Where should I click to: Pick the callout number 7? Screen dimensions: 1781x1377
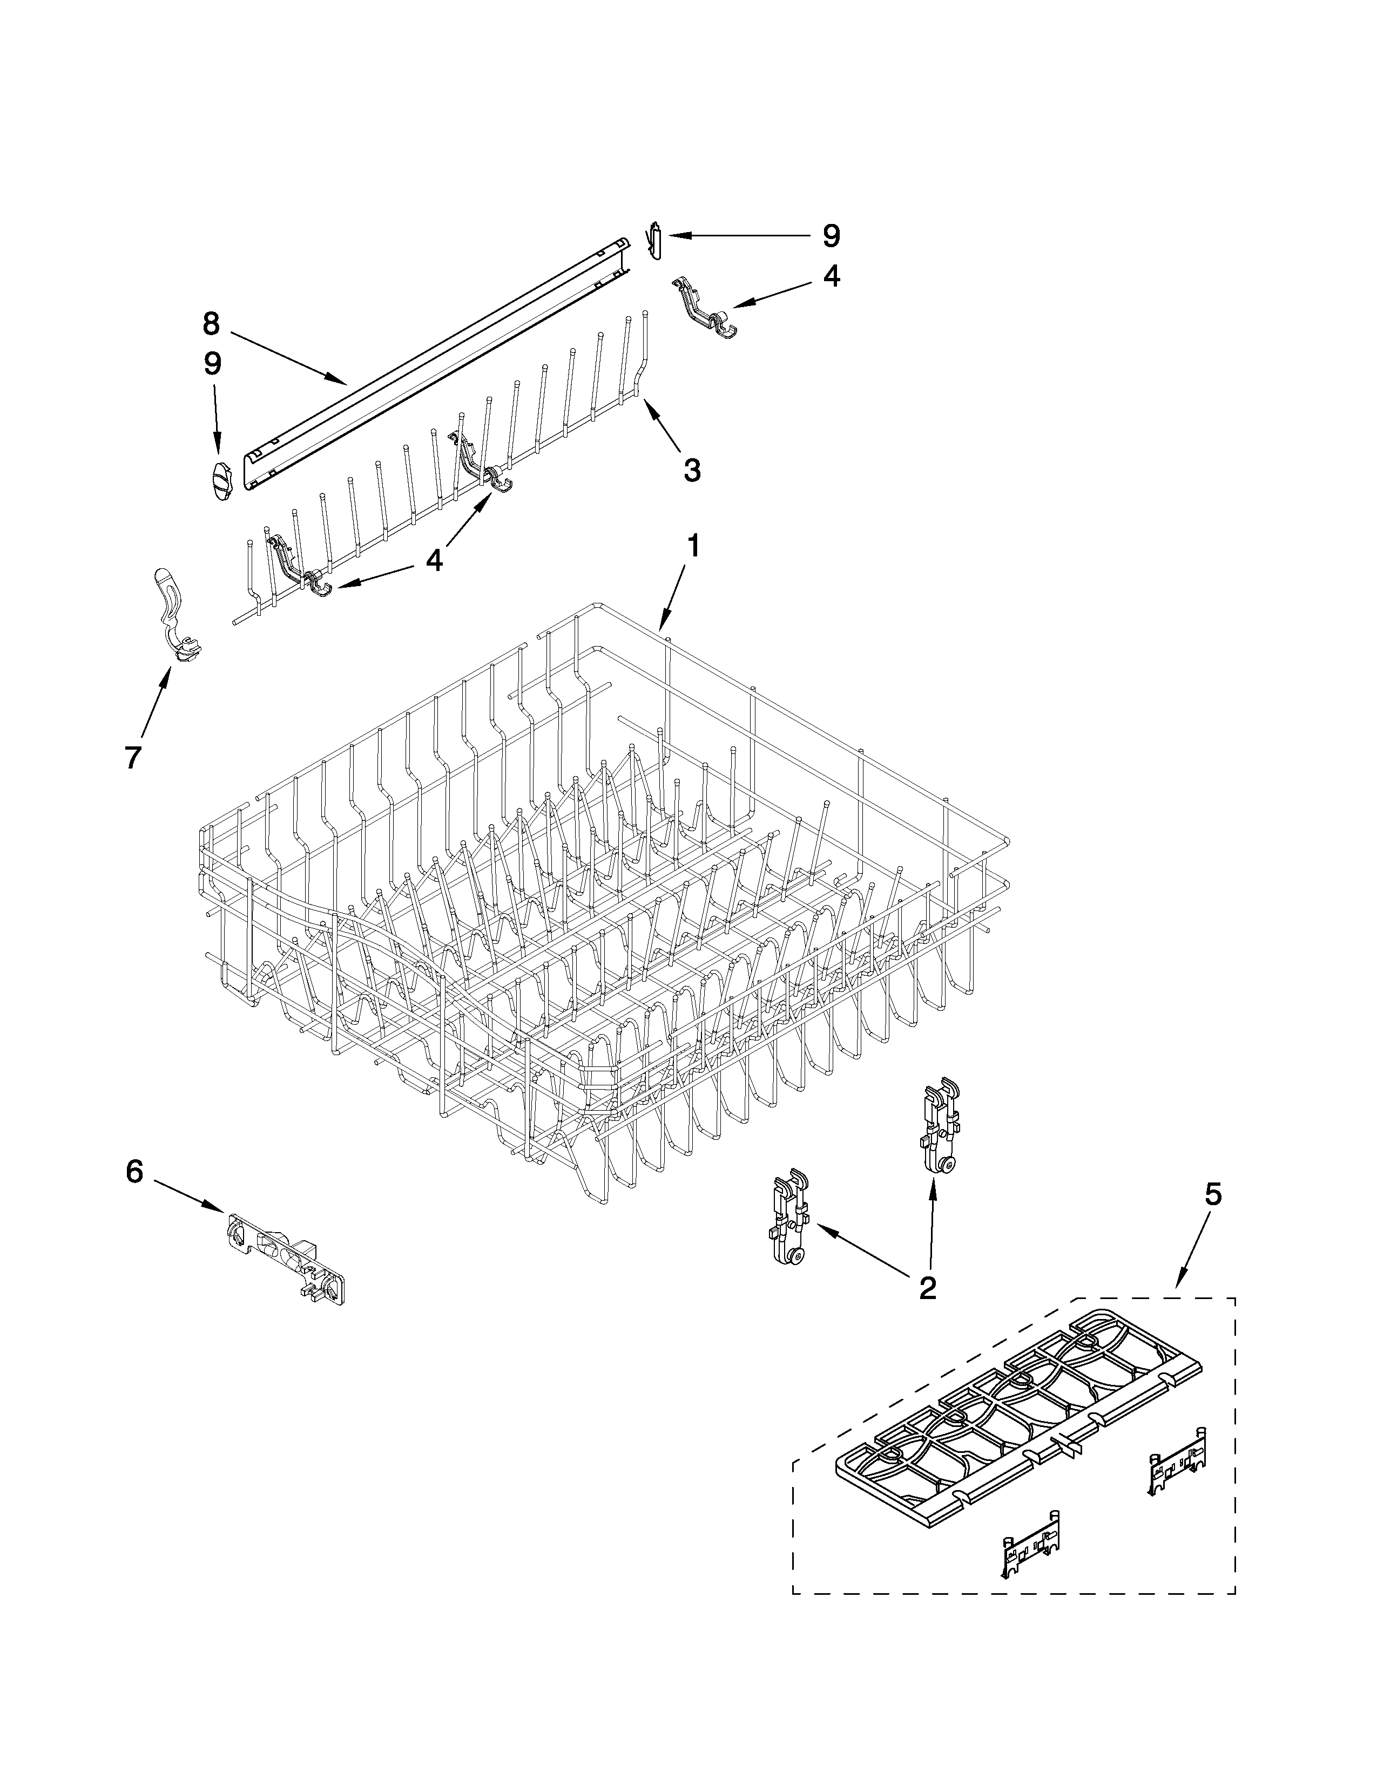(132, 756)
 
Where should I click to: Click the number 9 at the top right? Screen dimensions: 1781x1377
(831, 236)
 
